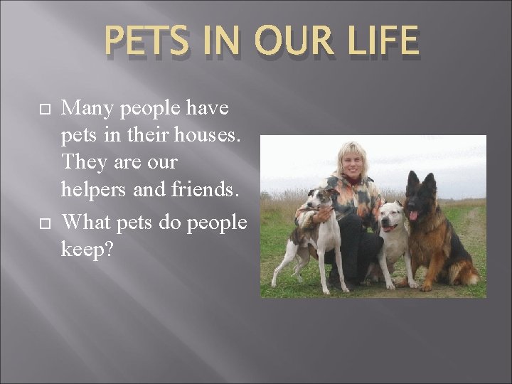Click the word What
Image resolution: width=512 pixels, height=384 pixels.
(x=89, y=223)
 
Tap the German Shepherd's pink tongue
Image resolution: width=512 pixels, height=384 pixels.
(x=413, y=214)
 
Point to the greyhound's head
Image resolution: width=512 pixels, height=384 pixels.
(x=321, y=201)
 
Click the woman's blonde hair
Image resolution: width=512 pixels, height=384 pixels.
(x=353, y=151)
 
